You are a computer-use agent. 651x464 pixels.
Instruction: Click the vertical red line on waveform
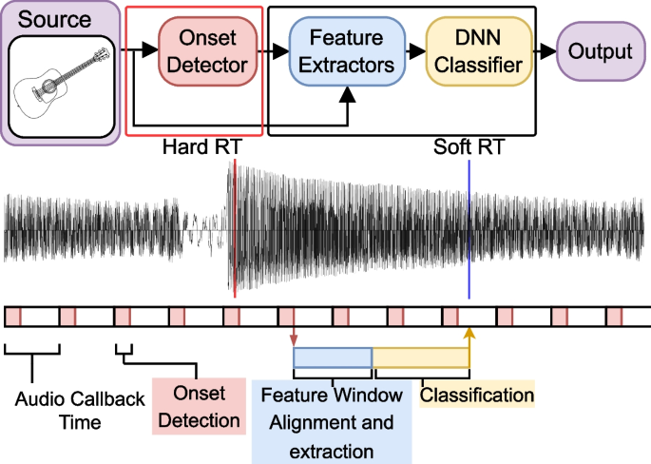(x=234, y=228)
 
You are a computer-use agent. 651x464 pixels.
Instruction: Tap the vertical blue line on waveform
(x=469, y=228)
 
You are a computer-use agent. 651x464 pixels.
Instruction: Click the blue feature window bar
(x=332, y=357)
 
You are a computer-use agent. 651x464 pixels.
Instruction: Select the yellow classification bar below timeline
(x=420, y=357)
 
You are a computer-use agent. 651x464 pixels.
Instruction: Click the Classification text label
(x=477, y=394)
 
